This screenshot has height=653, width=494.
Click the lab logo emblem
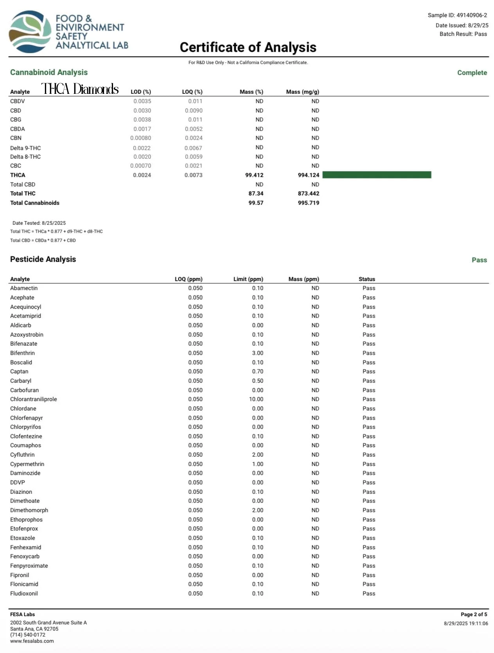pos(30,32)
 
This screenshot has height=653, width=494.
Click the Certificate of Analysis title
pos(248,47)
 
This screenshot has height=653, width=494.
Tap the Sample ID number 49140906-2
pos(472,15)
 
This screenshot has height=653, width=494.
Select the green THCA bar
pos(376,175)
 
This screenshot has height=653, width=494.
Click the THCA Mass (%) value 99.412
pos(254,175)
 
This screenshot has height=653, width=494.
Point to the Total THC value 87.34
pos(256,194)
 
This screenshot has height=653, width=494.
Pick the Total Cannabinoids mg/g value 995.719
pos(308,203)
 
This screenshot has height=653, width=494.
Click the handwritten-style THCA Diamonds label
pos(80,89)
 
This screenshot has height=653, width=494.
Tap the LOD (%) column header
pos(141,92)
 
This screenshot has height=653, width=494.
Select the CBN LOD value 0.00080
pos(140,138)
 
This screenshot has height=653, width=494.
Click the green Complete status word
pos(472,73)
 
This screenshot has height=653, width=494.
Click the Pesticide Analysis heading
pos(43,259)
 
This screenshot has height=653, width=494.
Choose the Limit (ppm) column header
pos(248,279)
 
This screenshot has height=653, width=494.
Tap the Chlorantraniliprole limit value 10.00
pos(256,399)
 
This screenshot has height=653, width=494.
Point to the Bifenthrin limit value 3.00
pos(257,353)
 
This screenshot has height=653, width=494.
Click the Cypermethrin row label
pos(27,464)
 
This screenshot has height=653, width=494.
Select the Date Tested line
pos(39,223)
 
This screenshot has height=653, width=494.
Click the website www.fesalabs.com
pos(32,641)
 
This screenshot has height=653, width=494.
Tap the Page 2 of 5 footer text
pos(474,614)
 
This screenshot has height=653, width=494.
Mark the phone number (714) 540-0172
pos(28,635)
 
